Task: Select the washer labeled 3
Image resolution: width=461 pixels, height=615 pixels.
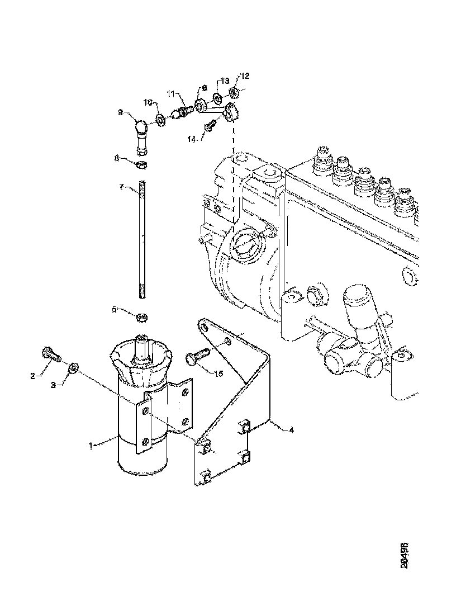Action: [x=74, y=368]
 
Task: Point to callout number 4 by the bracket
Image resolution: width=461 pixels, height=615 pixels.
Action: [x=291, y=430]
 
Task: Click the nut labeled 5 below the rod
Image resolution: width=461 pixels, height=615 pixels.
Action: [x=142, y=318]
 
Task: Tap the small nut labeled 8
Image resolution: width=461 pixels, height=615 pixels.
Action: [x=142, y=165]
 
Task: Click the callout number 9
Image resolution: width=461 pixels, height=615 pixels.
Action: [x=120, y=112]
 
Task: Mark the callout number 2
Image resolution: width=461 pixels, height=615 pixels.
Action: [x=33, y=376]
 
